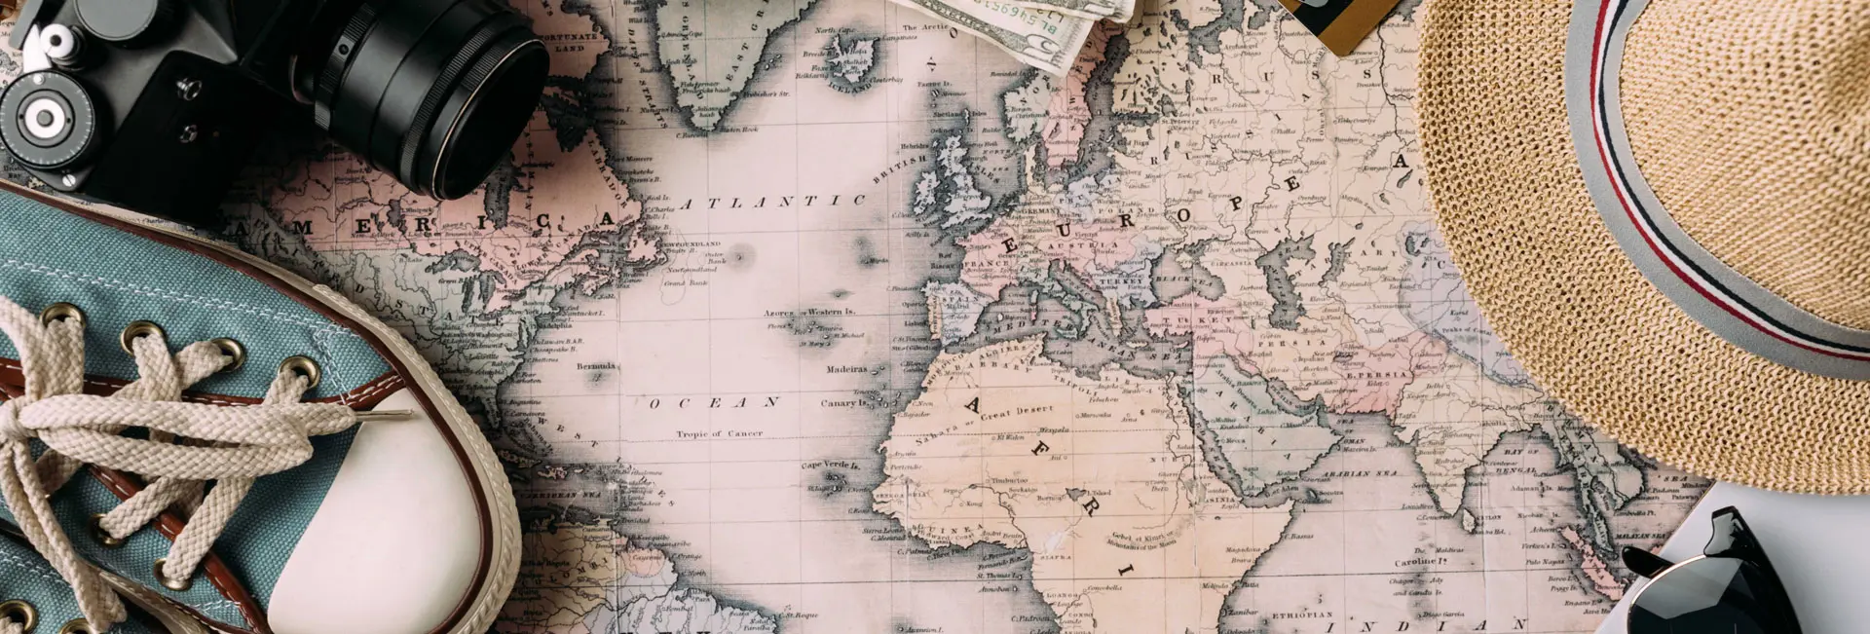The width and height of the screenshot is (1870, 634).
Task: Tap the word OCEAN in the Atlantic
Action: click(x=715, y=401)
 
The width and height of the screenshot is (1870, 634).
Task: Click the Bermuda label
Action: click(x=597, y=366)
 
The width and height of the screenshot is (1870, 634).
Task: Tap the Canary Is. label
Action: click(x=843, y=402)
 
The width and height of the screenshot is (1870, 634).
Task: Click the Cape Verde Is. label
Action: click(x=830, y=466)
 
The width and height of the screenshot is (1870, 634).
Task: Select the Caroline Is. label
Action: click(x=1421, y=562)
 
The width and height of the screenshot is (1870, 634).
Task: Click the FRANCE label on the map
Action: click(x=985, y=264)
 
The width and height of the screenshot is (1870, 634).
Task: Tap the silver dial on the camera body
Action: click(x=44, y=118)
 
